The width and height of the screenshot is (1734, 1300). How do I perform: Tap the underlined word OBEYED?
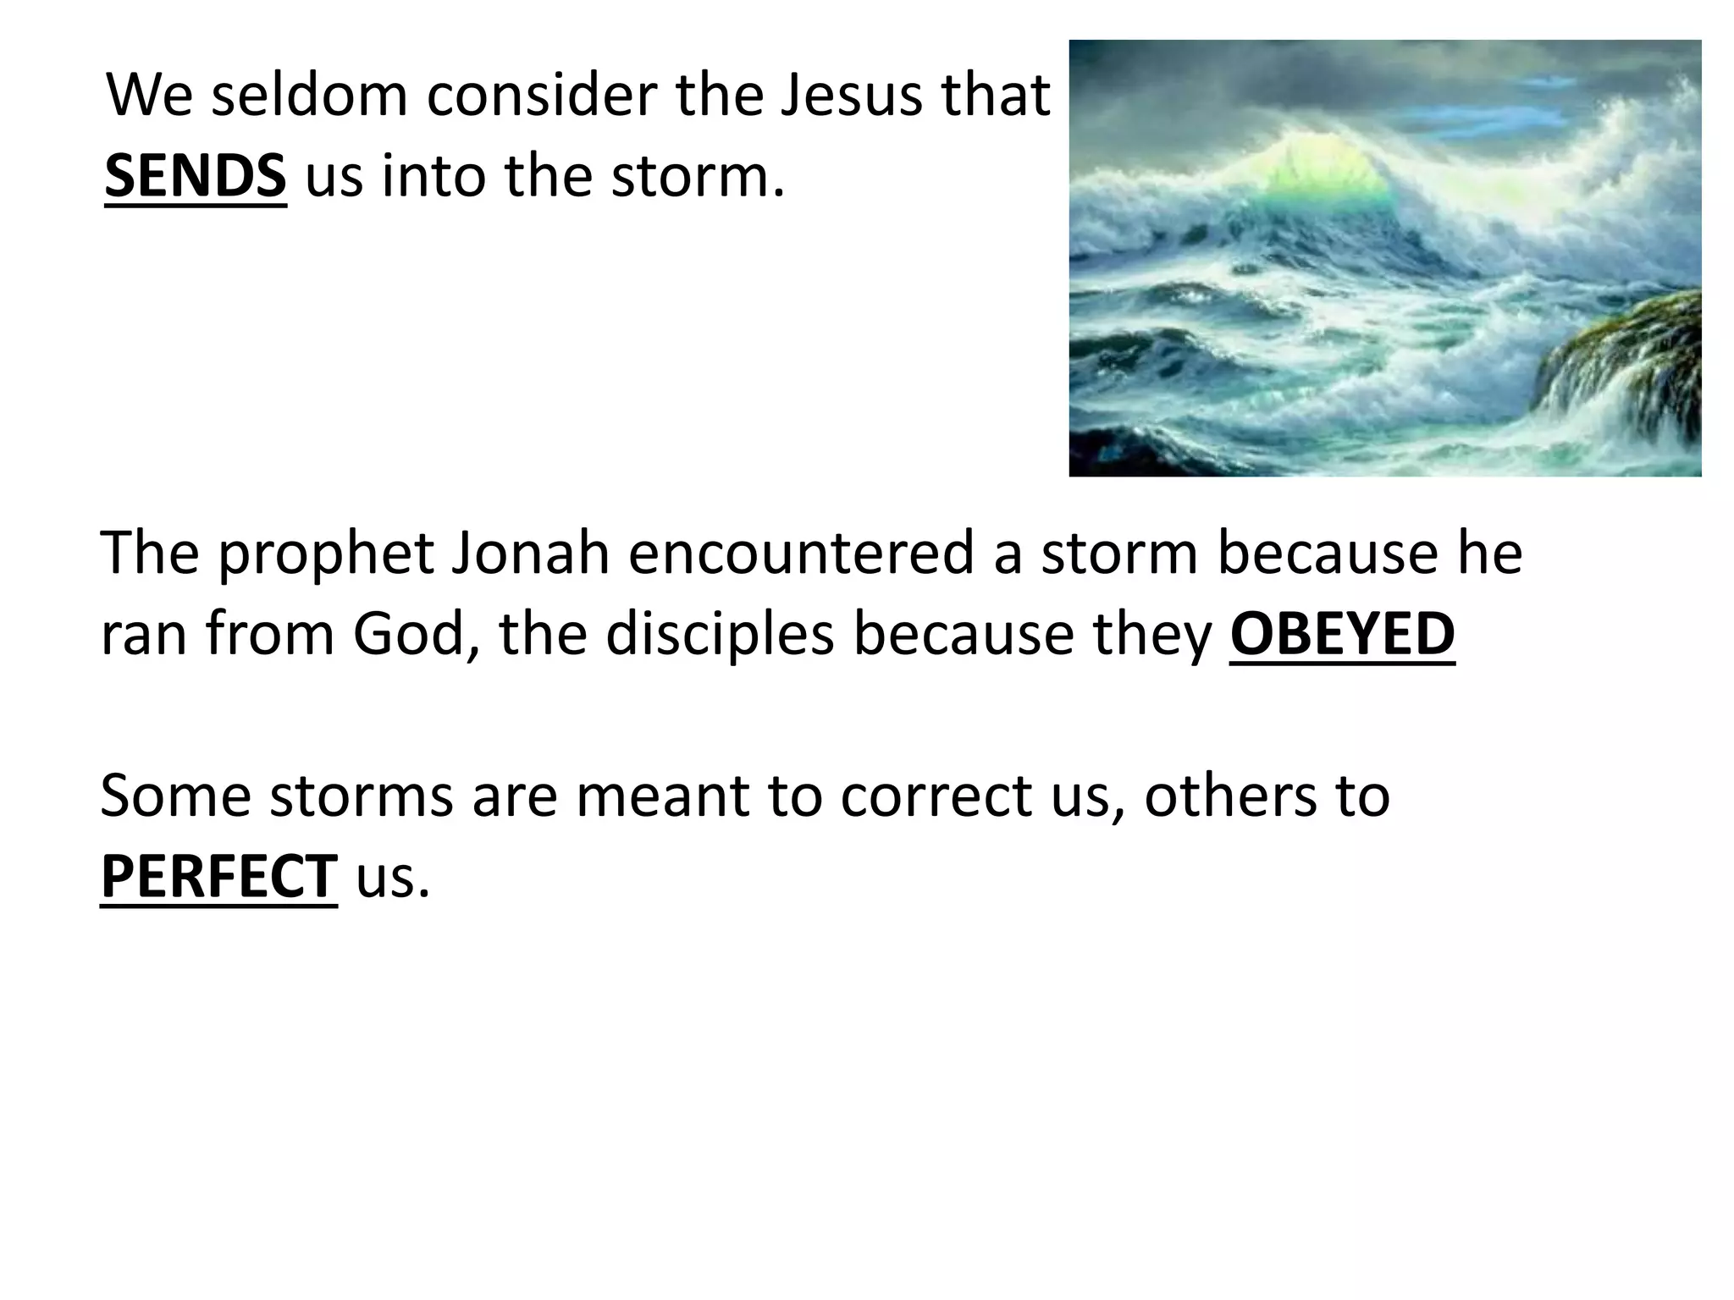pos(1342,634)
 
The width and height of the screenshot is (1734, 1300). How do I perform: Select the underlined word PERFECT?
pos(218,877)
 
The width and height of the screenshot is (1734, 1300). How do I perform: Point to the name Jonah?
pos(530,554)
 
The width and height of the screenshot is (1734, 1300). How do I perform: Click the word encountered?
pos(801,554)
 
